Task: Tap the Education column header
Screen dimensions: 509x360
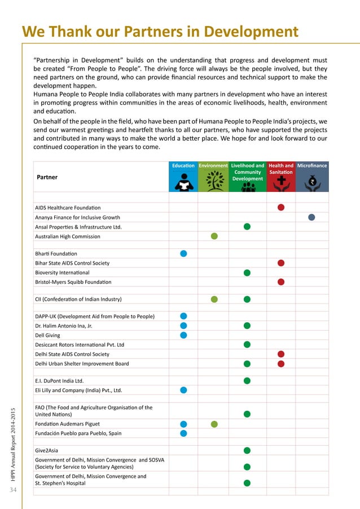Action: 183,166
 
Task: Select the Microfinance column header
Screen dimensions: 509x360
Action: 312,166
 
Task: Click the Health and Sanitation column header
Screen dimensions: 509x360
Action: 280,169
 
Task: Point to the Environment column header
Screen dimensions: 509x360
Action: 213,166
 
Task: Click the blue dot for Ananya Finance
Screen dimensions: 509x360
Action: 311,217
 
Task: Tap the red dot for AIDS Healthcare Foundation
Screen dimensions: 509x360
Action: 281,207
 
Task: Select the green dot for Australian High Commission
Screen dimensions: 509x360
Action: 214,236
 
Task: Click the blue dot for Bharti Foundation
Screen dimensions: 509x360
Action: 183,253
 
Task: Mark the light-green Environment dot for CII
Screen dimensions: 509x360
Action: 214,299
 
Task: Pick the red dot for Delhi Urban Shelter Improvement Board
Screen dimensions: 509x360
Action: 281,363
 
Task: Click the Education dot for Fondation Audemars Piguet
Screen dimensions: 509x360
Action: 183,424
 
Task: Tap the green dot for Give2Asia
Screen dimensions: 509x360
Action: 247,450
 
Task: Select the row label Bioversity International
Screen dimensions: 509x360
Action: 62,273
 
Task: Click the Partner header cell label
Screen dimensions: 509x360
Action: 47,177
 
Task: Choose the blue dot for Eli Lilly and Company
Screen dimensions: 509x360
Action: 183,390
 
